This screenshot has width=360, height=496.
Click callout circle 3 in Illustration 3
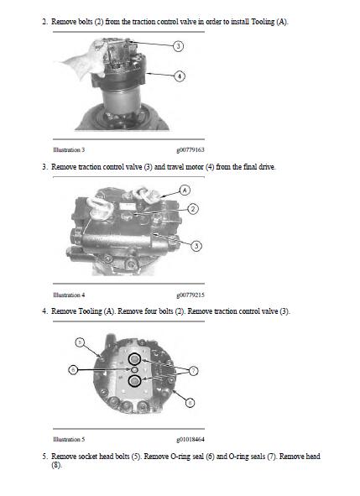pos(178,45)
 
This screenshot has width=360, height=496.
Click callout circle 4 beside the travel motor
pos(178,75)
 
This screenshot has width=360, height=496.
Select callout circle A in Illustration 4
pos(183,191)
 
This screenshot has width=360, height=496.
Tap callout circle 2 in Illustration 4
pos(192,208)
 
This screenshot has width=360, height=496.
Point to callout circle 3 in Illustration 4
pos(196,246)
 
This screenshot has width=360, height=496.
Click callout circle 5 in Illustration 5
pos(80,342)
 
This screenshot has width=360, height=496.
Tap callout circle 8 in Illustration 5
pos(190,403)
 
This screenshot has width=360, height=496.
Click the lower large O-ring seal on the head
pos(134,383)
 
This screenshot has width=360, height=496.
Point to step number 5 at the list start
pos(44,457)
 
